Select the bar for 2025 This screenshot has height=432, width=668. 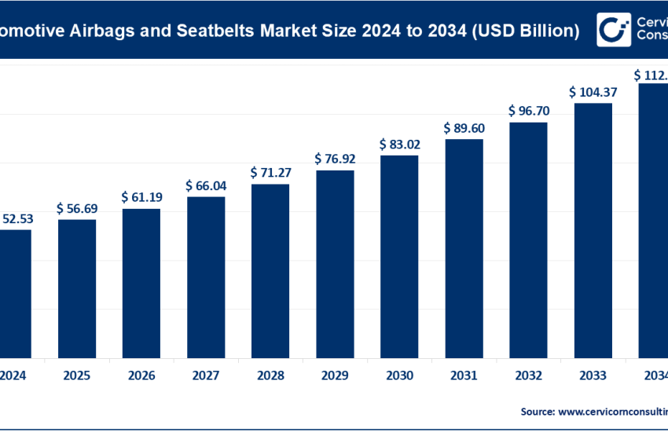coord(77,287)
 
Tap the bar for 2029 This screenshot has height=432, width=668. coord(335,263)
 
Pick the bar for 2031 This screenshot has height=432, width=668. coord(464,247)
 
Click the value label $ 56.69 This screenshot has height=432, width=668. coord(77,209)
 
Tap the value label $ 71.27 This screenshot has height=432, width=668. coord(270,172)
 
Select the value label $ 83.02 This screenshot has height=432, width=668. coord(399,145)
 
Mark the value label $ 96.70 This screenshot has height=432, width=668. coord(528,111)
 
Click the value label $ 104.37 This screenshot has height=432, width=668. coord(593,92)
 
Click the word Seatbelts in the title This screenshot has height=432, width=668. coord(226,31)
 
